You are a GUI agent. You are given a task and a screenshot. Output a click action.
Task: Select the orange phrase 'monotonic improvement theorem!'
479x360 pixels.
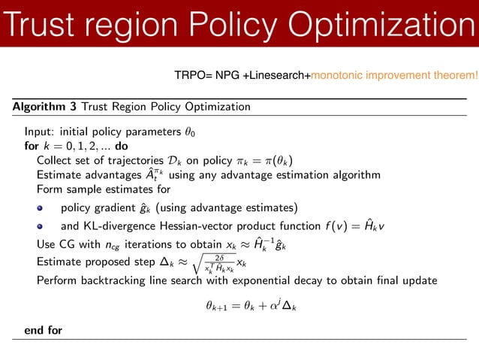coord(393,75)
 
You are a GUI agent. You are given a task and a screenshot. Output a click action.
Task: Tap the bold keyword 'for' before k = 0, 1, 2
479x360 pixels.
coord(32,146)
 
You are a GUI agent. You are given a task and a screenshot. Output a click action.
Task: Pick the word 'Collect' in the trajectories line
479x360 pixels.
coord(55,160)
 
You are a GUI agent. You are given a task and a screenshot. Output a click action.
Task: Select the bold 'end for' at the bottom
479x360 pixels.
coord(44,330)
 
